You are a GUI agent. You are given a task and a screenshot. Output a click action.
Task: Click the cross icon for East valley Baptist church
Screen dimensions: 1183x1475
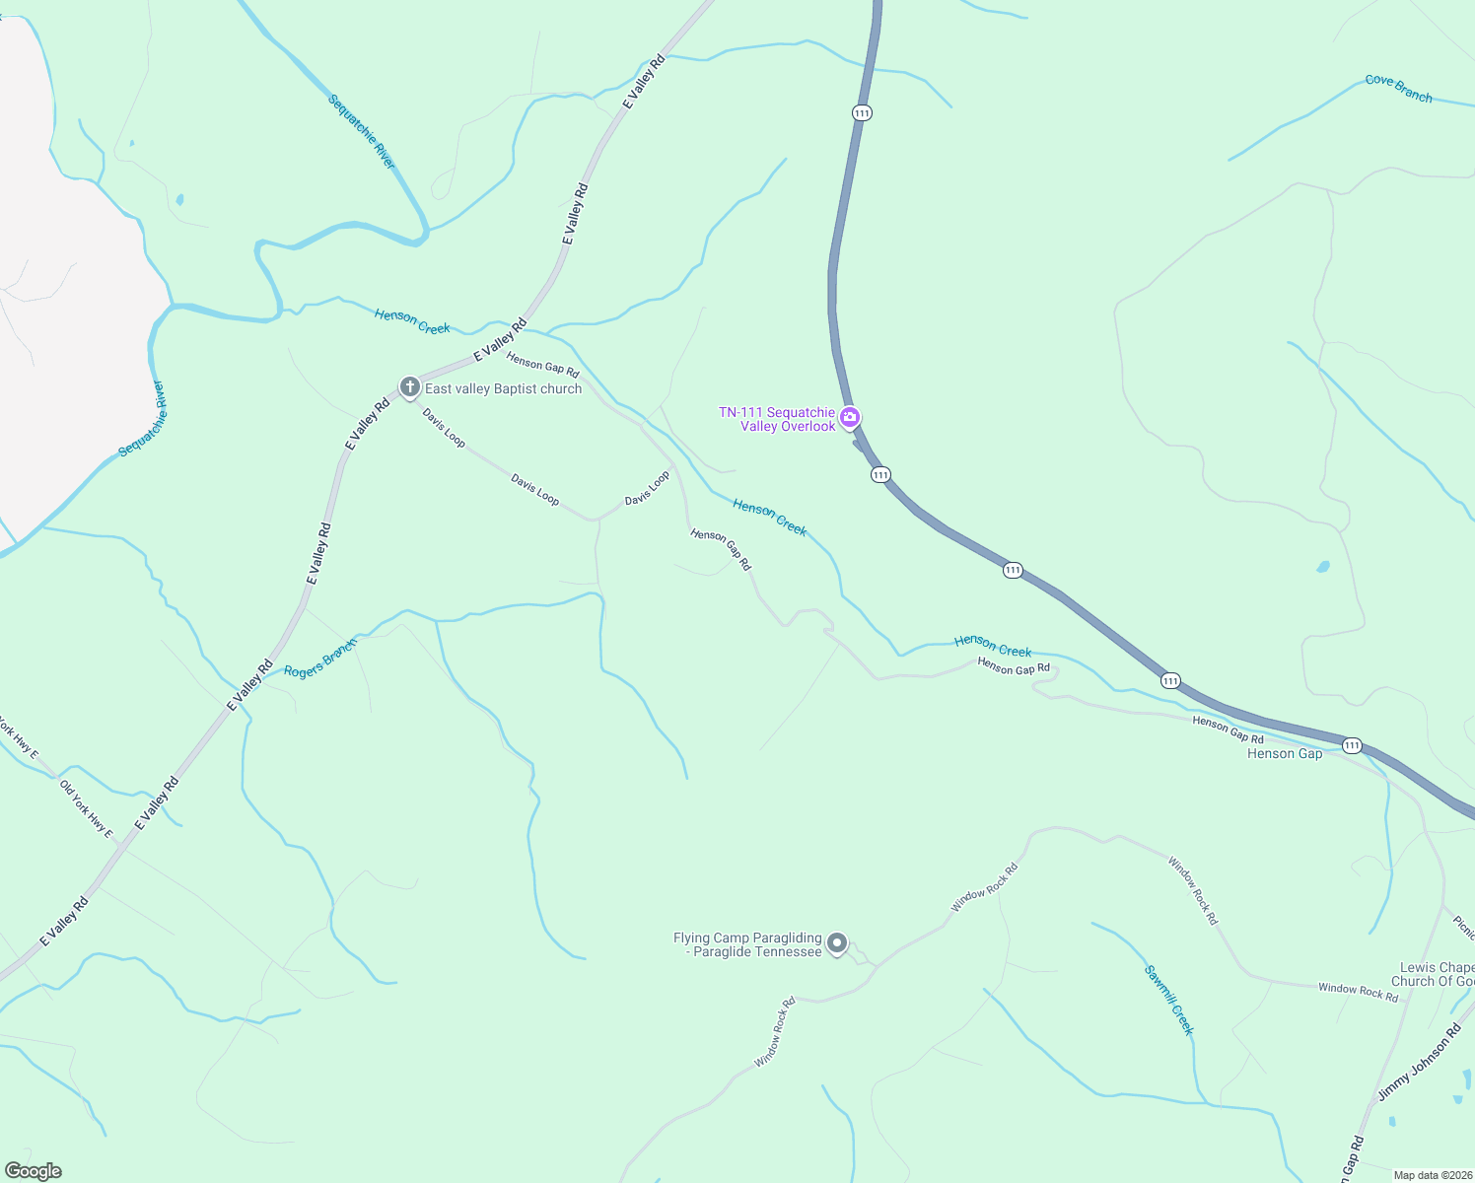pyautogui.click(x=410, y=387)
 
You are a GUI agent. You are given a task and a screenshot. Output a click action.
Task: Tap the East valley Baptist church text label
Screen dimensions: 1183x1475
pyautogui.click(x=503, y=389)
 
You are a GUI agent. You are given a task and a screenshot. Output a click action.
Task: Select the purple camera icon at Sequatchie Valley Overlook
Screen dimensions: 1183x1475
pyautogui.click(x=850, y=418)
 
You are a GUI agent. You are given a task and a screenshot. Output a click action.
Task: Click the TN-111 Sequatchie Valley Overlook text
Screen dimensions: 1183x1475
pyautogui.click(x=777, y=420)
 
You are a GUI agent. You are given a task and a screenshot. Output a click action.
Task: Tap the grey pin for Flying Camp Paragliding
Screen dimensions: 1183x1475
pyautogui.click(x=837, y=943)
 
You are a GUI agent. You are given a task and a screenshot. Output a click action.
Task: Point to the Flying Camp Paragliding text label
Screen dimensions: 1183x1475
pyautogui.click(x=747, y=945)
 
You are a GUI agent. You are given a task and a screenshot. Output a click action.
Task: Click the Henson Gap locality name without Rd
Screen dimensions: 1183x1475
pyautogui.click(x=1285, y=754)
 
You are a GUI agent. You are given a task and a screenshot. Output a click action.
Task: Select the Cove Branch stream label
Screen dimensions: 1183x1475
pyautogui.click(x=1398, y=88)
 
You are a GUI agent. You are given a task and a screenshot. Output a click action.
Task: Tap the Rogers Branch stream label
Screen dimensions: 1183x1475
pyautogui.click(x=319, y=659)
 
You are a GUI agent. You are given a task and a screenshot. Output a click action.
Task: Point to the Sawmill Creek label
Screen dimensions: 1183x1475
pyautogui.click(x=1169, y=1000)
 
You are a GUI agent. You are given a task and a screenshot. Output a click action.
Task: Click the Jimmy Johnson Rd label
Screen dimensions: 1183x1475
pyautogui.click(x=1419, y=1063)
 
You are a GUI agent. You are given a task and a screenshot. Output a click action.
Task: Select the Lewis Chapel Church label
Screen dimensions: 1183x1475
pyautogui.click(x=1436, y=974)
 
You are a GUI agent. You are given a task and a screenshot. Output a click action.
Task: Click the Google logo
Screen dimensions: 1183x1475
pyautogui.click(x=34, y=1171)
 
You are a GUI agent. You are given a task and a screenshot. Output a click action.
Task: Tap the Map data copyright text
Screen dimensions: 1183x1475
pyautogui.click(x=1432, y=1175)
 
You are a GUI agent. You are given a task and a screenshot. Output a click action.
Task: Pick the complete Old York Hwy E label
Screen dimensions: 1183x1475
pyautogui.click(x=87, y=809)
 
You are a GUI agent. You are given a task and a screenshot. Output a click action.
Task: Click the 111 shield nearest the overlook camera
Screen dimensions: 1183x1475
pyautogui.click(x=880, y=475)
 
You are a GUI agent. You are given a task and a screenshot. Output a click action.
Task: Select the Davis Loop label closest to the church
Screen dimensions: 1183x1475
pyautogui.click(x=444, y=428)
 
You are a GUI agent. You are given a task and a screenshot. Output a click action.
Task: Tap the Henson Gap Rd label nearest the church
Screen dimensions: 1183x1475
pyautogui.click(x=542, y=365)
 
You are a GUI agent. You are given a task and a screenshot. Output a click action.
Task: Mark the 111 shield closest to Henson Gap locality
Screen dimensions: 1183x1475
pyautogui.click(x=1352, y=745)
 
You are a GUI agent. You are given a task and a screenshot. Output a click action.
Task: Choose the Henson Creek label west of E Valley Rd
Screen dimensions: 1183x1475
pyautogui.click(x=412, y=321)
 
